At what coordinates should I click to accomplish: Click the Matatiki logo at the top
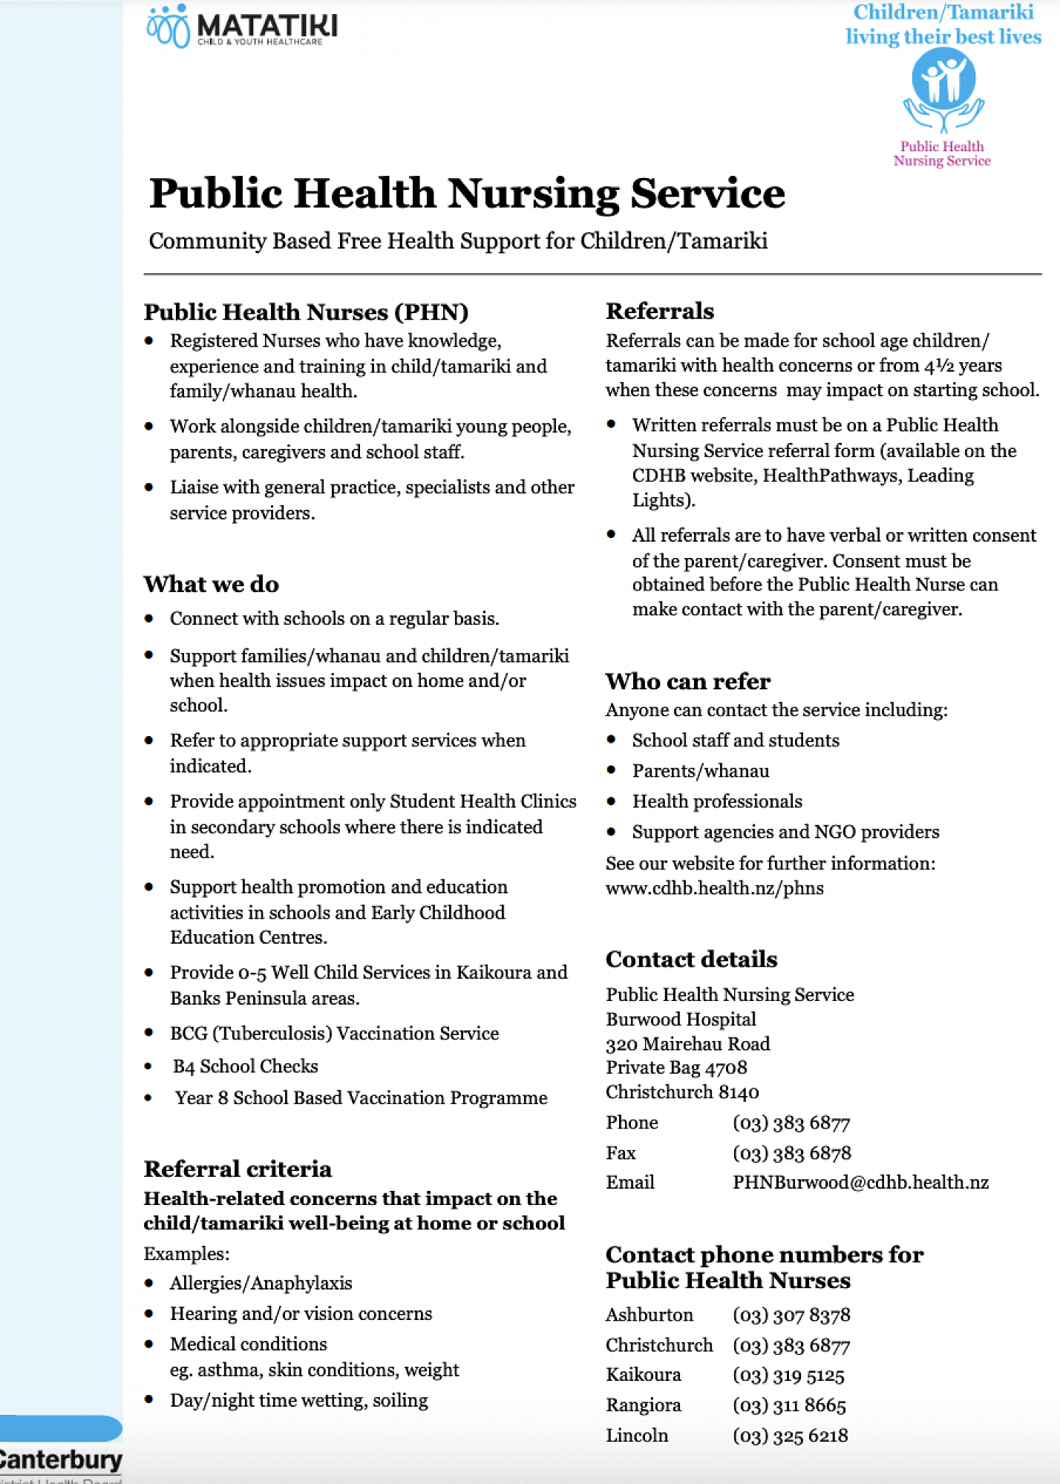(242, 27)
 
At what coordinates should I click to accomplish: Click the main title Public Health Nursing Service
(467, 194)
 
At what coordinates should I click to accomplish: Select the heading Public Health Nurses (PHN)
(306, 312)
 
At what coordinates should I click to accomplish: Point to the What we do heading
(212, 584)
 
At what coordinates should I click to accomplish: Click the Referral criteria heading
(238, 1169)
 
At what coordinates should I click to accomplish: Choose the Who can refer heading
(688, 681)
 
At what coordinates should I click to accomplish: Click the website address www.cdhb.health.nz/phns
(715, 888)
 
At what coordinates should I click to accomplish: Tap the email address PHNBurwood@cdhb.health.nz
(860, 1182)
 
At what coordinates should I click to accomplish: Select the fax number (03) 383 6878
(791, 1153)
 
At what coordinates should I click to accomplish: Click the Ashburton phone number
(791, 1315)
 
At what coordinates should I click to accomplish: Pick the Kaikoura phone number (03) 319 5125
(788, 1375)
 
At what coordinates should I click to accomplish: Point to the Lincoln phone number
(790, 1435)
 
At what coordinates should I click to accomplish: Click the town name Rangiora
(644, 1405)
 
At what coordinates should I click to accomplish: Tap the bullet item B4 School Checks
(245, 1066)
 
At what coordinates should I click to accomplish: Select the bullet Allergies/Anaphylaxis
(261, 1283)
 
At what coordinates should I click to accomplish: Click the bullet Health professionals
(717, 801)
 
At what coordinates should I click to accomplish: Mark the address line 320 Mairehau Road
(688, 1044)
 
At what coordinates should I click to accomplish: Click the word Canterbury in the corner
(61, 1460)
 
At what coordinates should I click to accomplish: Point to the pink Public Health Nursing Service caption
(942, 154)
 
